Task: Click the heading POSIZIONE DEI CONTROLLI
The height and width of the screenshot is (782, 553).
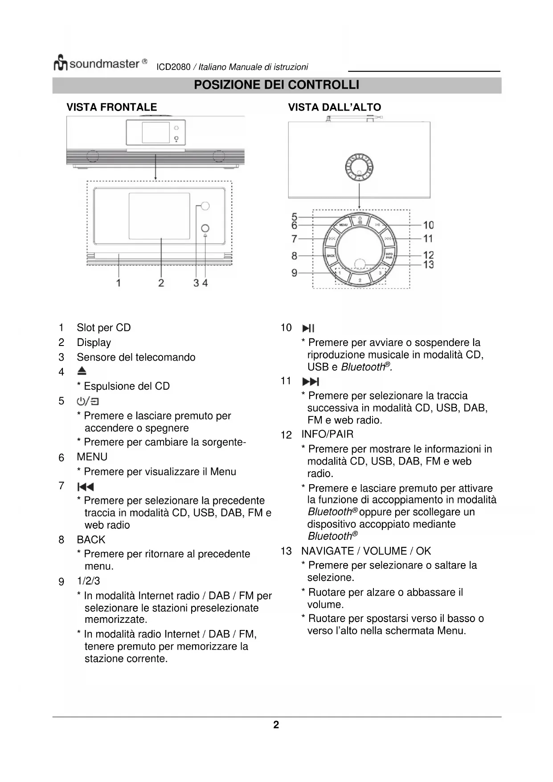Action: tap(276, 85)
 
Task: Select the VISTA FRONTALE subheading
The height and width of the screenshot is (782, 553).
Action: tap(111, 107)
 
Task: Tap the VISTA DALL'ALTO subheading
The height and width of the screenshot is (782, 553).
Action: tap(334, 107)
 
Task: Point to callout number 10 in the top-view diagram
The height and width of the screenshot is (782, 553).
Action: tap(428, 225)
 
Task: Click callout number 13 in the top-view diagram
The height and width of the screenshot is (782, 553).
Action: tap(428, 264)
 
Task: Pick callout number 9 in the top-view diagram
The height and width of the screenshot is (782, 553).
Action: tap(294, 272)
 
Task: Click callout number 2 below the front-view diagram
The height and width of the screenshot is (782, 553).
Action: tap(161, 283)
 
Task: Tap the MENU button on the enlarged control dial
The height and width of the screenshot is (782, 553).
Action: tap(344, 225)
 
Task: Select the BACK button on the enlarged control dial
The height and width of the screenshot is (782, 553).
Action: tap(331, 256)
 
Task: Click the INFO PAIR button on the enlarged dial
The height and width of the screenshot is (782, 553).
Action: tap(389, 256)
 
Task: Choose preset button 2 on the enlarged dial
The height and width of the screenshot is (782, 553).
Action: tap(360, 280)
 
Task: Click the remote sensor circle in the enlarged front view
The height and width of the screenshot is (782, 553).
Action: tap(205, 206)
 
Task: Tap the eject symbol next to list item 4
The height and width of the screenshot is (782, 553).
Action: tap(82, 371)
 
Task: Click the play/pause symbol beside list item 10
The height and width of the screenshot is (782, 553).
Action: tap(308, 329)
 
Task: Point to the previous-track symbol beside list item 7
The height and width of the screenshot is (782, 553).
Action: tap(86, 486)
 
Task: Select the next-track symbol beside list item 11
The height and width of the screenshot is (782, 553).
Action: tap(311, 382)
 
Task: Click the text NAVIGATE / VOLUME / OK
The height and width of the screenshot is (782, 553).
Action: tap(366, 551)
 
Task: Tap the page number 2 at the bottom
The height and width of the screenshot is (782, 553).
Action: tap(276, 725)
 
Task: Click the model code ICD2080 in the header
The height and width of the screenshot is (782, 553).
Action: tap(173, 67)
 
